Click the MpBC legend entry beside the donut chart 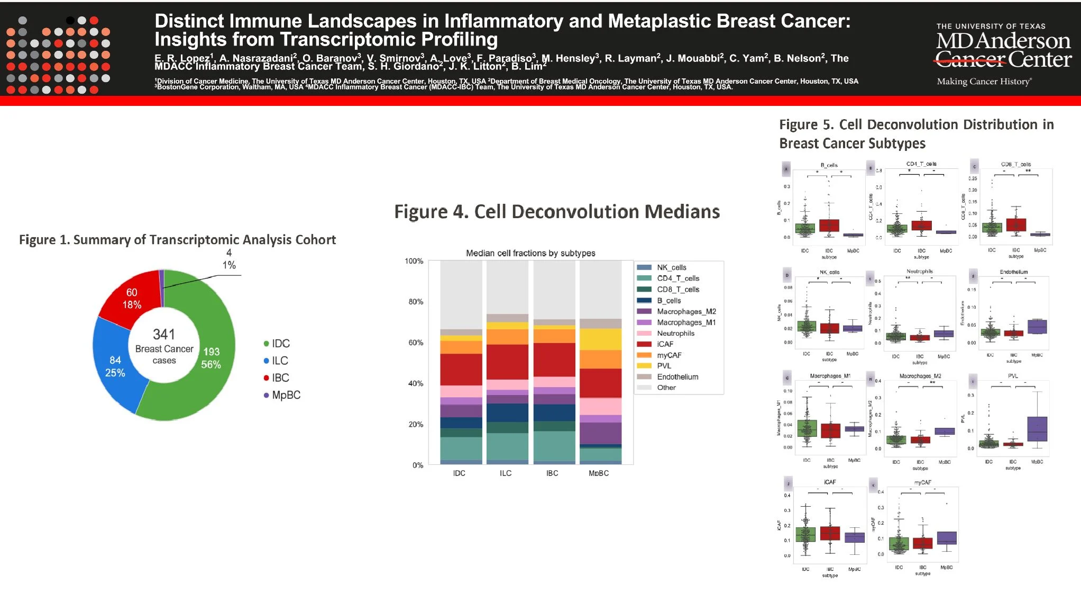tap(286, 395)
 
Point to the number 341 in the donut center tap(164, 334)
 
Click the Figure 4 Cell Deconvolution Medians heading tap(556, 212)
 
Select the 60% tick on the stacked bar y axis tap(416, 343)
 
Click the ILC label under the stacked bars tap(506, 473)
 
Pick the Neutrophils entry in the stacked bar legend tap(675, 333)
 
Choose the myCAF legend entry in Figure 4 tap(669, 355)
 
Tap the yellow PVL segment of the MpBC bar tap(600, 339)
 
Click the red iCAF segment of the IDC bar tap(461, 369)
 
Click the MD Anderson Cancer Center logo tap(1002, 53)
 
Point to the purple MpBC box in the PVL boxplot tap(1037, 429)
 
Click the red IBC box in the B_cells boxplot tap(829, 226)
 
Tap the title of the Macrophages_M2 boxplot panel tap(920, 376)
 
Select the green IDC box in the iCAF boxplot tap(805, 534)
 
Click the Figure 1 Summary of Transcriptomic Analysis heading tap(177, 240)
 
